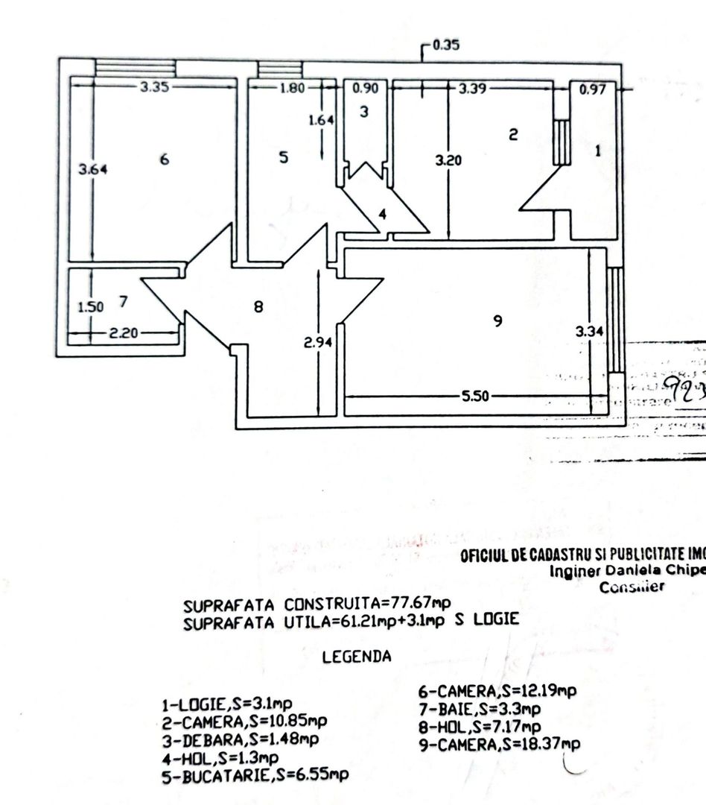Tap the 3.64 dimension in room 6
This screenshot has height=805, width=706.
pos(93,169)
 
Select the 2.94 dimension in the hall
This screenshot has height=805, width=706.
pos(318,342)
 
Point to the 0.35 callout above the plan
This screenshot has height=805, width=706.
pos(445,45)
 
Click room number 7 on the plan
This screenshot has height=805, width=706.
pos(124,302)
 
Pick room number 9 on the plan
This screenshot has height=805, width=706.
pos(498,321)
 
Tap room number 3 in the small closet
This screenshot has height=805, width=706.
pos(364,113)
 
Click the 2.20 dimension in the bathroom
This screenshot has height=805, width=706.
pos(124,333)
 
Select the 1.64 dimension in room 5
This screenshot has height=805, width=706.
pos(322,119)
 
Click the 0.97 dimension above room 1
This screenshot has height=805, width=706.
pos(592,89)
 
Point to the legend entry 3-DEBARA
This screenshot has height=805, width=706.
pos(241,739)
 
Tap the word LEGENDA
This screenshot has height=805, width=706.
pos(357,657)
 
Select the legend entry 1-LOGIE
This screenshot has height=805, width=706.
pos(227,704)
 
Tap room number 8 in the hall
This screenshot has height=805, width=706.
pos(258,306)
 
